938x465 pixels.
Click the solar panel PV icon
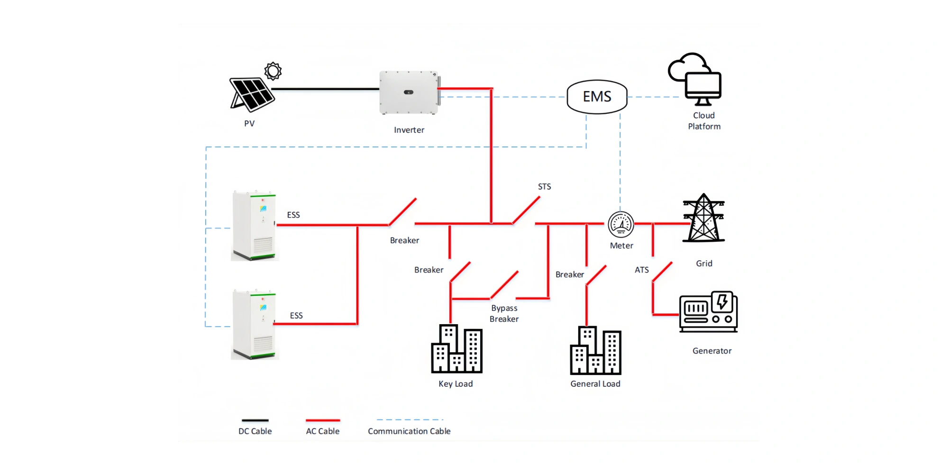click(252, 94)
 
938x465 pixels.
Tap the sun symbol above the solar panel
click(273, 71)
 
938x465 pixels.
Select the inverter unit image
click(409, 92)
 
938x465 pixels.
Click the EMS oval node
click(597, 97)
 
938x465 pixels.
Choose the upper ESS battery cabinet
click(254, 226)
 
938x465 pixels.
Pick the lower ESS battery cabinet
click(254, 325)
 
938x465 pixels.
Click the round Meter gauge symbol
click(621, 224)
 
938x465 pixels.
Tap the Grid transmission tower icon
click(703, 219)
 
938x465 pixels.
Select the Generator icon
click(708, 312)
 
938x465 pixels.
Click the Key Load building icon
click(456, 349)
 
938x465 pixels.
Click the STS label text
click(544, 187)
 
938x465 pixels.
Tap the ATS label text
click(641, 270)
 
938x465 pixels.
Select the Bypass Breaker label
click(504, 314)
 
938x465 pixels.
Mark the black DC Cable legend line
click(255, 420)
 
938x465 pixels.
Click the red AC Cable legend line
click(323, 420)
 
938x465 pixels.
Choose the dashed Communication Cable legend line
click(410, 420)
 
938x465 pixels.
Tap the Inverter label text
click(409, 130)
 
